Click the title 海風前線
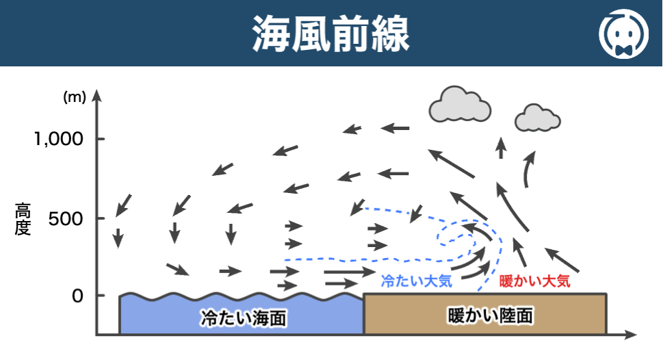tap(330, 32)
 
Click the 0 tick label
tap(78, 296)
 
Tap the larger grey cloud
tap(460, 104)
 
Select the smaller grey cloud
tap(537, 118)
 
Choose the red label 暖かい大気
tap(534, 281)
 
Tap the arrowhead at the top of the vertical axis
tap(96, 95)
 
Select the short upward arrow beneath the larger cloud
tap(502, 147)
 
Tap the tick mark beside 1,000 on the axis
tap(100, 139)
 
